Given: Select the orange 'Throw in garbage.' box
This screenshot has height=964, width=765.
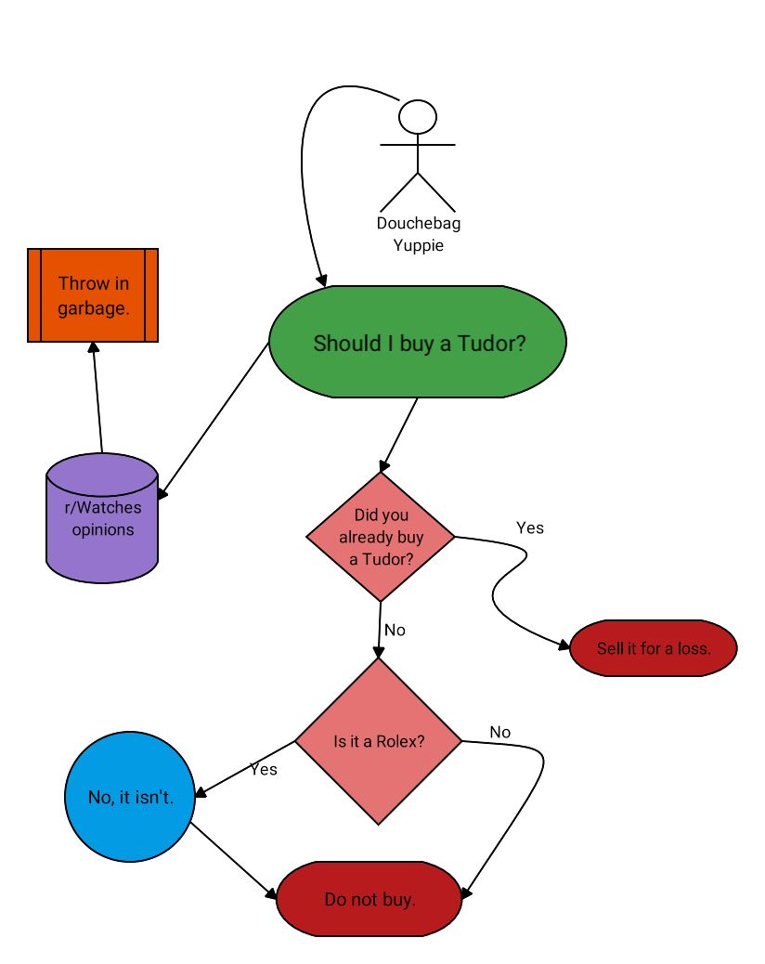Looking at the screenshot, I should point(93,295).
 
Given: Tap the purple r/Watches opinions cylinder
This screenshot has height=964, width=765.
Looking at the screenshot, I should point(102,520).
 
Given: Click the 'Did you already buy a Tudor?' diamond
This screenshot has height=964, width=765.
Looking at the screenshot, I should point(381,537).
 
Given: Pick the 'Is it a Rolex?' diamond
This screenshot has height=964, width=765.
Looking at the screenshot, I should point(379,741).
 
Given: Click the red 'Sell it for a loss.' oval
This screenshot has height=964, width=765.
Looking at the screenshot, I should point(654,648).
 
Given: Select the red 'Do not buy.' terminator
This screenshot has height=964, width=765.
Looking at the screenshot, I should point(370,899).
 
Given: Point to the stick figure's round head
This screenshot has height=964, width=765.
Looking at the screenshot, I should point(418,117).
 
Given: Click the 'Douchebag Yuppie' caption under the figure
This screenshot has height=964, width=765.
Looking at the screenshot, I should point(419,235).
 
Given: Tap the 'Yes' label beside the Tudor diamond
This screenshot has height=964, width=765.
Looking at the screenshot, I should point(529,528).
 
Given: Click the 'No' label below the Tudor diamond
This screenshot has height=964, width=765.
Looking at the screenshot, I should point(395,630).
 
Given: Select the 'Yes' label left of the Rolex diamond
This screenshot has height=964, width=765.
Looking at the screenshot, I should point(264,769).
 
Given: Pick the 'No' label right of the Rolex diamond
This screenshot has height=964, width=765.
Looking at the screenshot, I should point(499,732).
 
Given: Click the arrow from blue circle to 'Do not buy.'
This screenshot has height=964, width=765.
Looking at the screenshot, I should point(232,860).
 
